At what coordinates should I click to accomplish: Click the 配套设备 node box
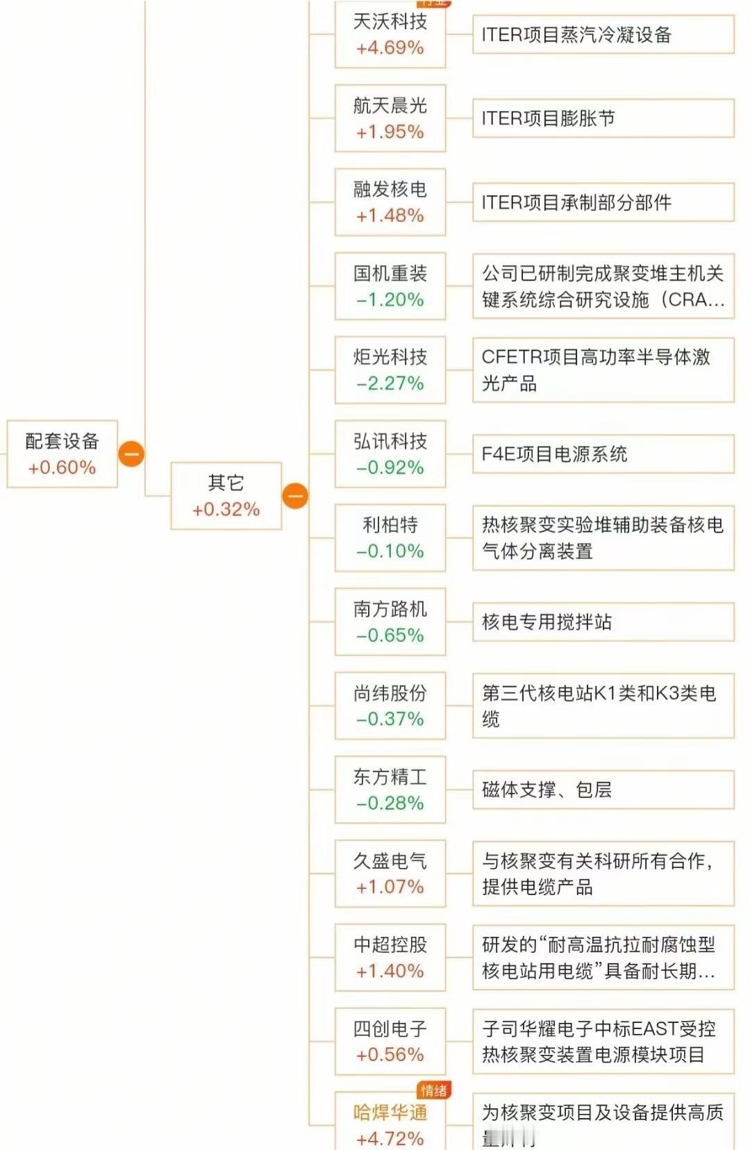click(62, 453)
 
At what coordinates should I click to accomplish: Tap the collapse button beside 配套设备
click(131, 453)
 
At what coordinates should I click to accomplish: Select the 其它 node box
click(226, 496)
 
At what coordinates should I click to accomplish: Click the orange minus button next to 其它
click(295, 496)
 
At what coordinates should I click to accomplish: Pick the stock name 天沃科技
click(390, 22)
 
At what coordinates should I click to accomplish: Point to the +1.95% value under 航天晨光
click(390, 132)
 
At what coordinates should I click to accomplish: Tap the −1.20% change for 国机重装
click(390, 300)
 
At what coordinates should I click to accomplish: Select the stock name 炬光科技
click(390, 357)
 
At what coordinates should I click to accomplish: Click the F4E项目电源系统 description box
click(603, 454)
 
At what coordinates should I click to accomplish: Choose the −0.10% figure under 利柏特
click(390, 551)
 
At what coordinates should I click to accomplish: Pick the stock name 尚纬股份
click(390, 693)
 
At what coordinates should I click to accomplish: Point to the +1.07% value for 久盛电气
click(390, 887)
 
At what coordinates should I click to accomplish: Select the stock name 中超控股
click(390, 944)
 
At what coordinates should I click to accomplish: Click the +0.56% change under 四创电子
click(390, 1055)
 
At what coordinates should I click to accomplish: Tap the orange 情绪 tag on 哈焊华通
click(434, 1090)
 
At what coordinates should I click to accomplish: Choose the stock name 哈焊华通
click(390, 1112)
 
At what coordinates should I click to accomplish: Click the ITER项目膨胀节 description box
click(603, 118)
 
